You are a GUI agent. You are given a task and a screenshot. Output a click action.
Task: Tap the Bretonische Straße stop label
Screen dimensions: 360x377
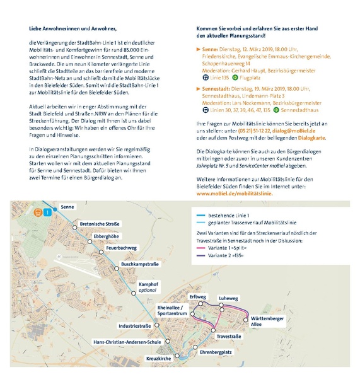click(x=100, y=224)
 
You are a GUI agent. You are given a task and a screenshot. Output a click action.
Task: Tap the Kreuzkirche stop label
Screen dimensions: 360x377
click(x=159, y=358)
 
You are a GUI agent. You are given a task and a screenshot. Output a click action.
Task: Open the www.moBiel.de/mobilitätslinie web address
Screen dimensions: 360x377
click(x=236, y=194)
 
